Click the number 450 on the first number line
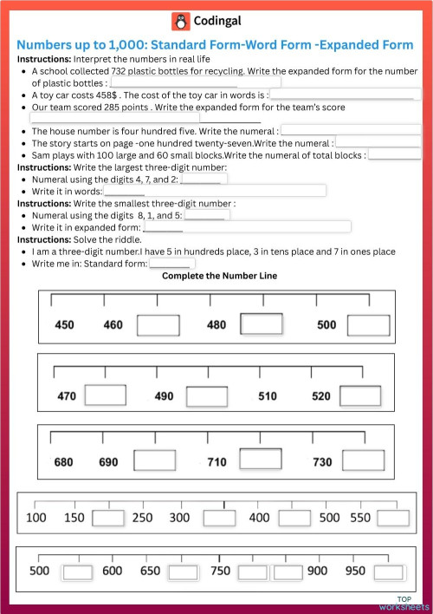coord(65,325)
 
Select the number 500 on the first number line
coord(326,325)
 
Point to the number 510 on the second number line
coord(268,396)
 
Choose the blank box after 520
coord(360,395)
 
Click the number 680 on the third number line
coord(63,462)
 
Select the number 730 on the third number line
coord(322,462)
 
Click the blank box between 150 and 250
coord(108,518)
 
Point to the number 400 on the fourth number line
coord(259,518)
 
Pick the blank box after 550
coord(392,518)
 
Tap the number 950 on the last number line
coord(355,572)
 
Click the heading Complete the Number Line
coord(220,276)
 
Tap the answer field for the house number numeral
coord(351,131)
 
